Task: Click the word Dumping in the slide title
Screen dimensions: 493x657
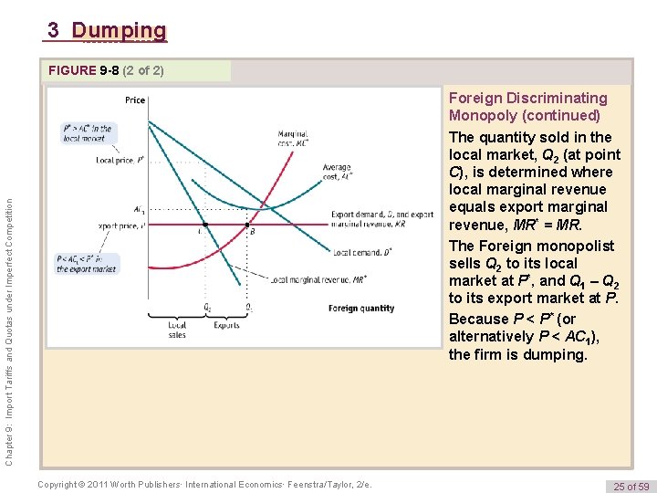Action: [x=120, y=31]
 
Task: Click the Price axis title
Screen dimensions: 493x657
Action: [x=135, y=100]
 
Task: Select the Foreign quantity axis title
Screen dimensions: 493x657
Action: [x=361, y=309]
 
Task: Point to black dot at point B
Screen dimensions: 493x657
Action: [x=245, y=225]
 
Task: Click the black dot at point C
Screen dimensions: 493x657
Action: [x=205, y=225]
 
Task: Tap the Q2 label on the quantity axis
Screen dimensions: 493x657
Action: [x=207, y=307]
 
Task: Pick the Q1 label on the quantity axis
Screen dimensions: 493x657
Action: [x=247, y=307]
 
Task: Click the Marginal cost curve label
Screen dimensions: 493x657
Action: [x=293, y=139]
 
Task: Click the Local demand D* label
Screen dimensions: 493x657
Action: [x=362, y=252]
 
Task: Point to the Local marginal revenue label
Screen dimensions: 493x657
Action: [x=318, y=280]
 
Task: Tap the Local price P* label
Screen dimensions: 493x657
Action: [x=120, y=160]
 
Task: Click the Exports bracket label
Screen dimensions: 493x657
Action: [x=226, y=325]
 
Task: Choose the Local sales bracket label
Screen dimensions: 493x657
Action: [x=177, y=330]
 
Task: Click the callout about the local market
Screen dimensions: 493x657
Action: [x=88, y=133]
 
